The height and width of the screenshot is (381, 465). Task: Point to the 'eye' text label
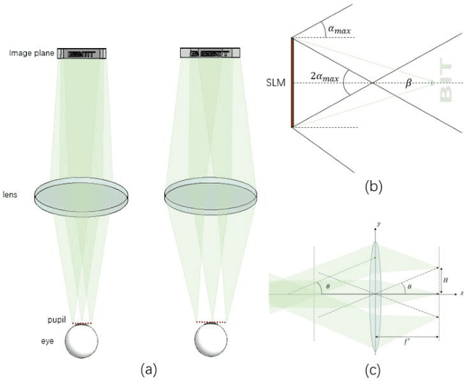pyautogui.click(x=52, y=340)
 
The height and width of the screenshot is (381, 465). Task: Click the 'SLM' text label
pyautogui.click(x=275, y=82)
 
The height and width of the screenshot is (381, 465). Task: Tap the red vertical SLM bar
pyautogui.click(x=293, y=82)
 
